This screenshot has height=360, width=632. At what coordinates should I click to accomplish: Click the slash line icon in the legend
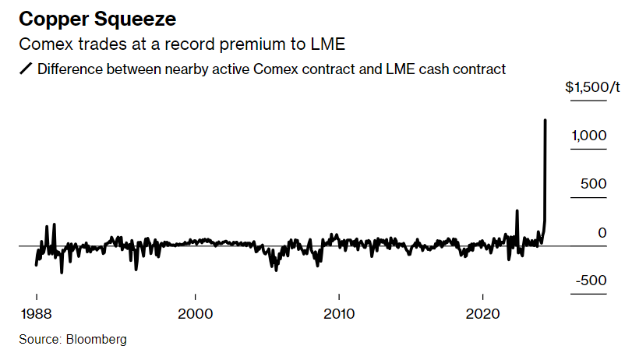tap(26, 69)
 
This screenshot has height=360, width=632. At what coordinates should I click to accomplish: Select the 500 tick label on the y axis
tap(595, 184)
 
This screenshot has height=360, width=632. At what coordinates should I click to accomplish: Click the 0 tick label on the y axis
tap(601, 232)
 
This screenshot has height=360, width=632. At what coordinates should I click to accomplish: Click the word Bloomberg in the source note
tap(95, 340)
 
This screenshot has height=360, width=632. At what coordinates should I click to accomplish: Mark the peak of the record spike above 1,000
tap(545, 120)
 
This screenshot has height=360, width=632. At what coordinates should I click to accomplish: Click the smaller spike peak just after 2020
tap(517, 210)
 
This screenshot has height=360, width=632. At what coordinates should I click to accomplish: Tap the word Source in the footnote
tap(40, 340)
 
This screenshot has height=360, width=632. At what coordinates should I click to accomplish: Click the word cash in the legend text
tap(439, 69)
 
